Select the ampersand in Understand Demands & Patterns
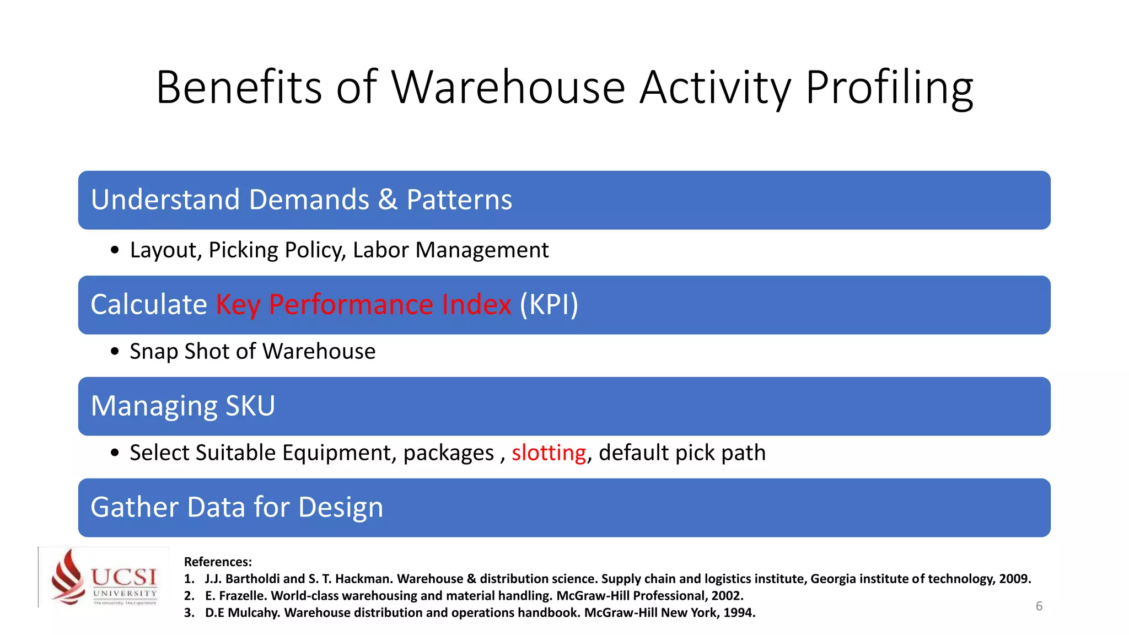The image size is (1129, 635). [388, 200]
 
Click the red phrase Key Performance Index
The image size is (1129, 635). [363, 305]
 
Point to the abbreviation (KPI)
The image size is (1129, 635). [549, 305]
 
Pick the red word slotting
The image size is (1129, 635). [549, 453]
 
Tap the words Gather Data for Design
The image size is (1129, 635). [236, 507]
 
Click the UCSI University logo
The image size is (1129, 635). [104, 577]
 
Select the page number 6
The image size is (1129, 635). [1039, 606]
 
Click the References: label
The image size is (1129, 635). [218, 562]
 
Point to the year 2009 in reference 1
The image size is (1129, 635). [1014, 579]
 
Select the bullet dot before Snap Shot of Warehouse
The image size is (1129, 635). [115, 352]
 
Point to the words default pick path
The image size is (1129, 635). [682, 453]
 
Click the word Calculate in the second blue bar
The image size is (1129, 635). [149, 305]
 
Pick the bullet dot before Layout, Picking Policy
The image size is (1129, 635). [115, 250]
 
